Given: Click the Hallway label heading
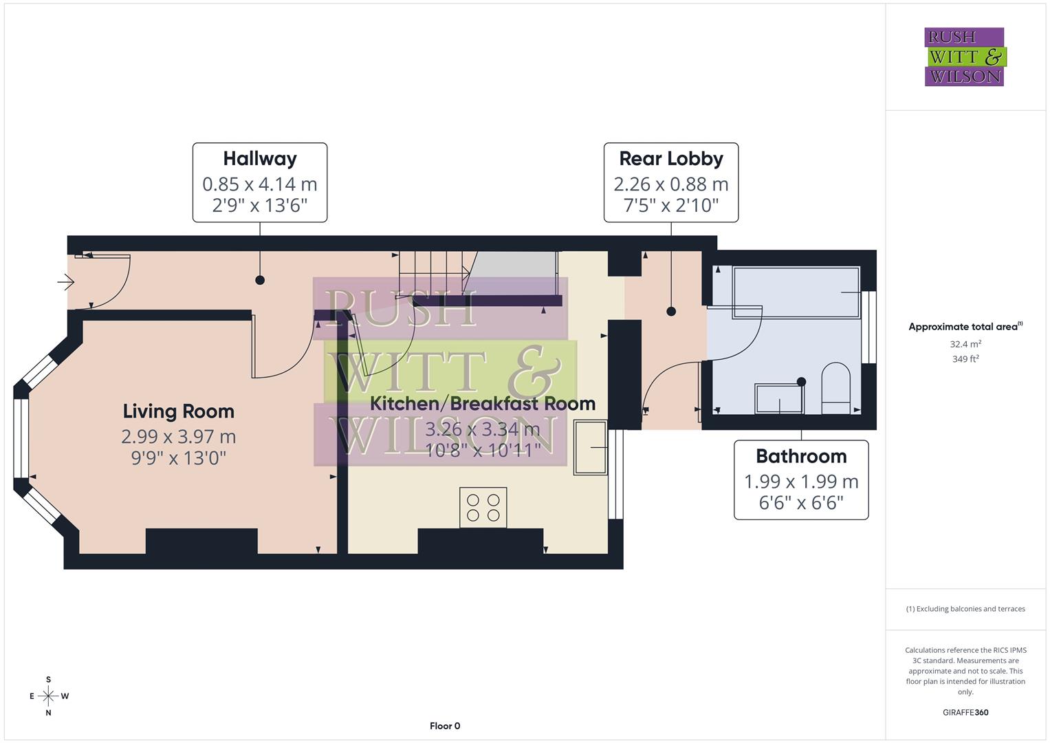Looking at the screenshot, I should tap(259, 158).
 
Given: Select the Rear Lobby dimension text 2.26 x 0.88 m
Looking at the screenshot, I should tap(670, 184).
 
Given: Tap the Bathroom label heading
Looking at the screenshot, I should tap(800, 456).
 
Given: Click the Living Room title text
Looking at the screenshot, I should tap(178, 411).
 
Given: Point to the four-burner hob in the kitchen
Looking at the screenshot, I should tap(483, 508).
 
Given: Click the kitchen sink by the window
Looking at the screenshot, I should tap(591, 447).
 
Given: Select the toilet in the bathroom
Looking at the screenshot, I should tap(836, 389).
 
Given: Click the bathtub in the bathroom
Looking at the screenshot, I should tap(796, 292).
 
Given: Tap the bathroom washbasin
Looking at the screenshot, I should tap(779, 399).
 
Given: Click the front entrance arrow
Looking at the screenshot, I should tap(66, 282).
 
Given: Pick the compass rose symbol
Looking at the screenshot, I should tap(48, 696).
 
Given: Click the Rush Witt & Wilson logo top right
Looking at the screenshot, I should tap(964, 57).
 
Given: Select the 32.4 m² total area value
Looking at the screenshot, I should tap(965, 344).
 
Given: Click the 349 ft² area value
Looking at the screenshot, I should tap(965, 359).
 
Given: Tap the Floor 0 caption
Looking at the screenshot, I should tap(444, 726).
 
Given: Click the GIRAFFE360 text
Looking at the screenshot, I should tap(965, 712).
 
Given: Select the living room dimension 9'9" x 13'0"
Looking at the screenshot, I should tap(178, 458).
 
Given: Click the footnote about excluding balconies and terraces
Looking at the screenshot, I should tap(965, 609).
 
